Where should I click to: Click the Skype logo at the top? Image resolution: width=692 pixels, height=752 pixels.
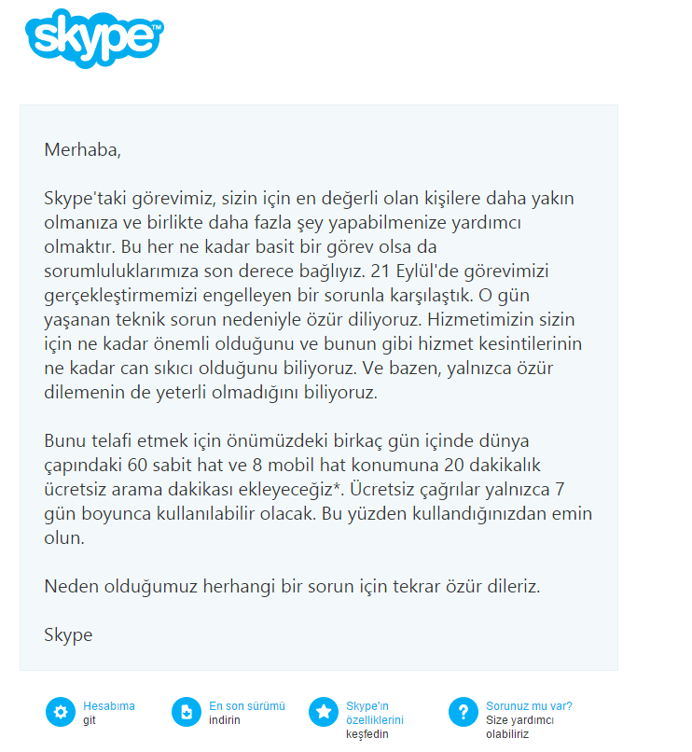point(93,37)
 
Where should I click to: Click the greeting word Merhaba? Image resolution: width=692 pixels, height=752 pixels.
point(82,149)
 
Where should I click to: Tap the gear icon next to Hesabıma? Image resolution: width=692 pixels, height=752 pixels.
point(61,712)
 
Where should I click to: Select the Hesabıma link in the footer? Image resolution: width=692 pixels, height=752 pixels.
point(108,706)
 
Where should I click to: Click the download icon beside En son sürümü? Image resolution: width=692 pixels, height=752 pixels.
point(187,712)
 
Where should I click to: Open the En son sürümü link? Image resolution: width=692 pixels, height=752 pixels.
point(246,706)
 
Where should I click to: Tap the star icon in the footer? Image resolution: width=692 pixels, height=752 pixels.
point(324,712)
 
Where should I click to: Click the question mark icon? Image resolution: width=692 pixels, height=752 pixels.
point(463,712)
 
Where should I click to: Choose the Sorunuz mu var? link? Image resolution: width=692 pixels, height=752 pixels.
point(529,706)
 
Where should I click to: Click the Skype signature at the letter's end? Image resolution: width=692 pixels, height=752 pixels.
point(68,634)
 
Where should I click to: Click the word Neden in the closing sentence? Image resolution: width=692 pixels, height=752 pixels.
point(69,586)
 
